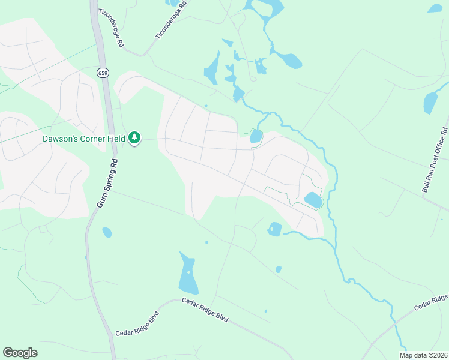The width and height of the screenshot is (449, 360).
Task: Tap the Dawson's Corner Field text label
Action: [83, 139]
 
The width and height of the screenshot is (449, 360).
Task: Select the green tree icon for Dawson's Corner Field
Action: [135, 139]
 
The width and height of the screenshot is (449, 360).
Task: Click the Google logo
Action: [20, 353]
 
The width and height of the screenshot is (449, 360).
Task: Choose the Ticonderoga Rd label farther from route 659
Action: [171, 20]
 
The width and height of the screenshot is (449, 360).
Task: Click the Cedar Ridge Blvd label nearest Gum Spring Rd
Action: [136, 324]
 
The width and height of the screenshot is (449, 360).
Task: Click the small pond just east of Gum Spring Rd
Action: [107, 232]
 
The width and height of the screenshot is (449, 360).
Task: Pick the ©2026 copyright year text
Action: [437, 355]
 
